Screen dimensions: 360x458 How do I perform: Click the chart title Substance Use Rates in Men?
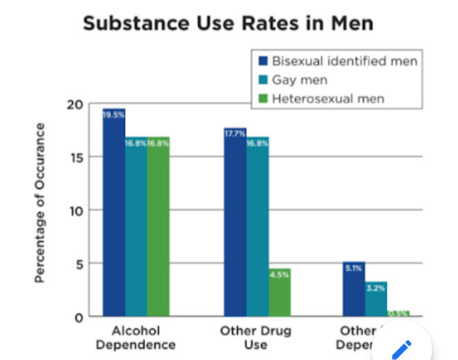(228, 23)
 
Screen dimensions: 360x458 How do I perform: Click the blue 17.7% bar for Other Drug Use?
(235, 221)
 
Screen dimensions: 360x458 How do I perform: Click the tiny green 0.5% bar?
(398, 314)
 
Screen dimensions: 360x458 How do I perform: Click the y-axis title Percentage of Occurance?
(40, 202)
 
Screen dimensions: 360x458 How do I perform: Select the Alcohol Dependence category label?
(135, 337)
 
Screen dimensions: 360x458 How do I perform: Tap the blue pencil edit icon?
(401, 348)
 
